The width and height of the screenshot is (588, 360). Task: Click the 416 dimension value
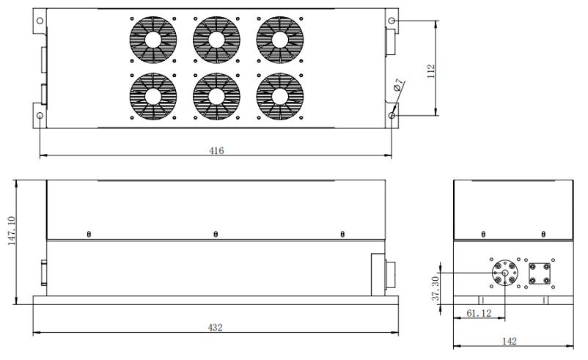216,151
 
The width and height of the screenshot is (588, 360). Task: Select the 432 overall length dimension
216,328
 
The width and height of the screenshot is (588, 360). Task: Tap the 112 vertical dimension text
431,71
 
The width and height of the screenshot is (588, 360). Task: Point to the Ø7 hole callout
398,85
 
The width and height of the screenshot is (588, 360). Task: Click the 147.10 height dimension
12,231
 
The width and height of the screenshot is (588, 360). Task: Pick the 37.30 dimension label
436,288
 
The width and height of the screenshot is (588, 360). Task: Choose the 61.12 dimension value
479,313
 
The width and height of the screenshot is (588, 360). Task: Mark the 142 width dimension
510,341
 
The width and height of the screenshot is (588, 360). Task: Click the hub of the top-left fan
153,40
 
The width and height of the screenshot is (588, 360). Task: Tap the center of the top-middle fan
216,40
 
